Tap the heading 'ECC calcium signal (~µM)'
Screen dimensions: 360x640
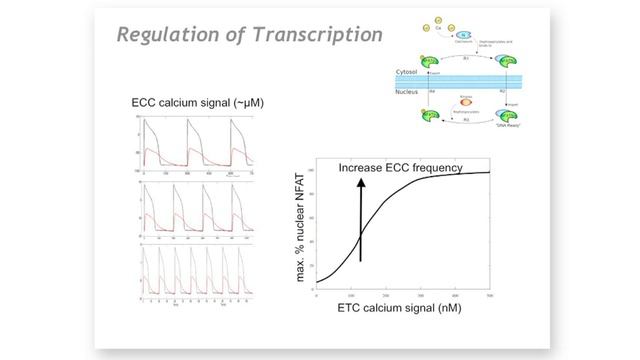pyautogui.click(x=191, y=103)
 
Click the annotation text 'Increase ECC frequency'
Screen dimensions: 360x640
pyautogui.click(x=400, y=167)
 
